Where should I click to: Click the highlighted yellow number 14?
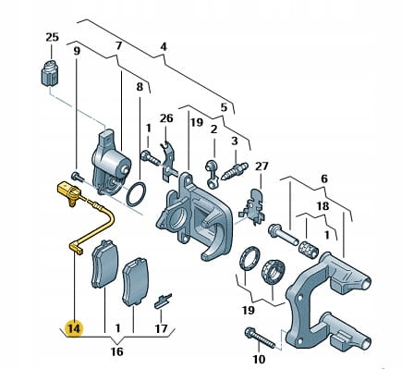(x=74, y=328)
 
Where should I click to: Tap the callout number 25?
(x=52, y=37)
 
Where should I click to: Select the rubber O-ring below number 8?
(x=136, y=194)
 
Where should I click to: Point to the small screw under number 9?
(x=77, y=177)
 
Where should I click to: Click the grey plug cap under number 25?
(x=51, y=73)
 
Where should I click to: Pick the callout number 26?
(x=166, y=118)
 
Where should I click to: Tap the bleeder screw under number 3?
(x=236, y=170)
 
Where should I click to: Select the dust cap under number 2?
(x=212, y=174)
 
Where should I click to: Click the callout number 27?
(x=262, y=166)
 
